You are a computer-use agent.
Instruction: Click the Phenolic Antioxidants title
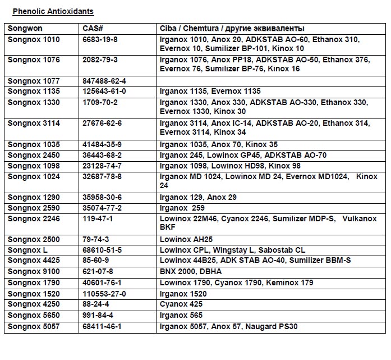click(x=53, y=11)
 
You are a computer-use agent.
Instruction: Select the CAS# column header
click(x=93, y=28)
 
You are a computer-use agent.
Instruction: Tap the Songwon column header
click(x=25, y=28)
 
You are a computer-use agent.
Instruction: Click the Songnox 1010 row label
click(x=34, y=39)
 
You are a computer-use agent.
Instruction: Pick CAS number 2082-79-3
click(x=100, y=60)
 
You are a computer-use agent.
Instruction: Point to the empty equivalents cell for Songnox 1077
click(x=270, y=81)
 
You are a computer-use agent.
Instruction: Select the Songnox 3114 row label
click(x=34, y=123)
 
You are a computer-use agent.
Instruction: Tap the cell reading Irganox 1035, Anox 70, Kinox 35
click(x=218, y=144)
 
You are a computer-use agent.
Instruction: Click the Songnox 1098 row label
click(x=34, y=166)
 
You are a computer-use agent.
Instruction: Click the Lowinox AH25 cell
click(x=188, y=239)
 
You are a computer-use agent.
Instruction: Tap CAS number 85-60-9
click(x=95, y=261)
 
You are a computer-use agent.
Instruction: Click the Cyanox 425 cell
click(x=181, y=304)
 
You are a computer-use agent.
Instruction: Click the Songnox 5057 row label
click(x=34, y=326)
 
